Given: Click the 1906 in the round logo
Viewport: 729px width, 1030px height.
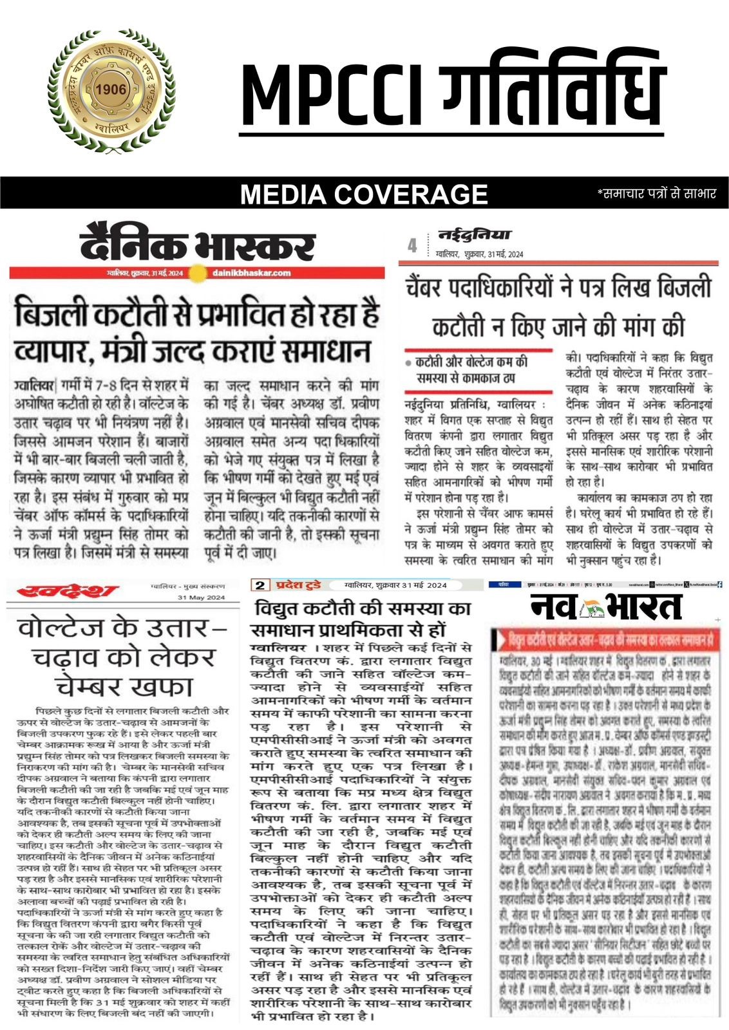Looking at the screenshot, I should click(110, 89).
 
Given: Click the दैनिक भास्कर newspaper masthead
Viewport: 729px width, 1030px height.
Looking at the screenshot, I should click(198, 245).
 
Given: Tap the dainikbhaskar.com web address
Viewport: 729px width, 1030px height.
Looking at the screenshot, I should click(251, 273).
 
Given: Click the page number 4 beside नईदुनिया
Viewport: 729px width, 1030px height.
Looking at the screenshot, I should click(412, 246).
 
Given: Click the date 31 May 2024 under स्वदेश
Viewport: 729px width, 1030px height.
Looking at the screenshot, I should click(201, 598).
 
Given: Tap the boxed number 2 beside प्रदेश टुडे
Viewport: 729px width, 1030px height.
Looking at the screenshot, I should click(260, 585).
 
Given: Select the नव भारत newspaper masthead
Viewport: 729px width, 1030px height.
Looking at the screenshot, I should click(605, 606).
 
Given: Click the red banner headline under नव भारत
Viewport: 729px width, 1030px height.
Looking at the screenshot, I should click(609, 641).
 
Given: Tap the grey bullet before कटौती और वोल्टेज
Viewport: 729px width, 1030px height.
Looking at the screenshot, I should click(408, 363).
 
